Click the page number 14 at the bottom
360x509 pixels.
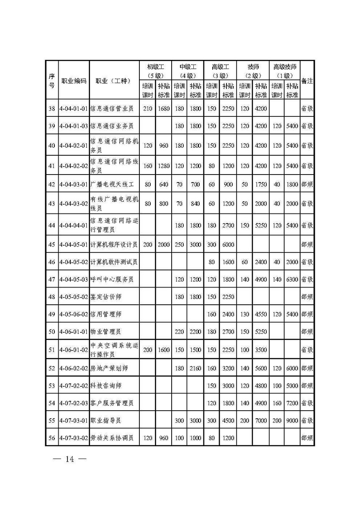tap(69, 459)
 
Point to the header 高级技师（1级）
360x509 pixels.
tap(285, 71)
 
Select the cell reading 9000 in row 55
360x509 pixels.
tap(292, 420)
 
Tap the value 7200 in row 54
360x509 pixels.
tap(292, 403)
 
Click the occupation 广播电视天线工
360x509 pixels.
tap(111, 184)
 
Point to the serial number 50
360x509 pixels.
tap(52, 332)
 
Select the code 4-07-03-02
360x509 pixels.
tap(74, 438)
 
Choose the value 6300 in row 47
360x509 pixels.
tap(292, 279)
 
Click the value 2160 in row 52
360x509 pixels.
tap(196, 368)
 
